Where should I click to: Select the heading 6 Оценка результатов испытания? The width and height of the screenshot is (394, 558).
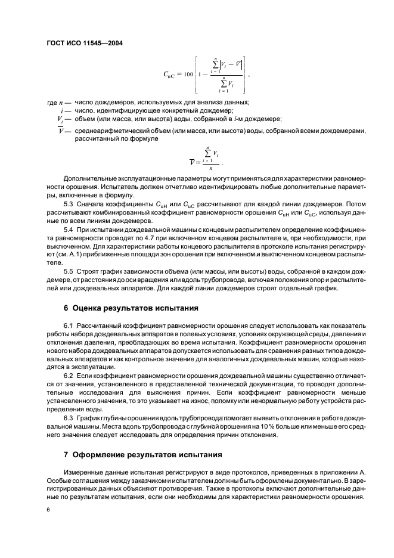point(127,308)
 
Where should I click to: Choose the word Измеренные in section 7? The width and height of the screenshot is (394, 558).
point(85,472)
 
